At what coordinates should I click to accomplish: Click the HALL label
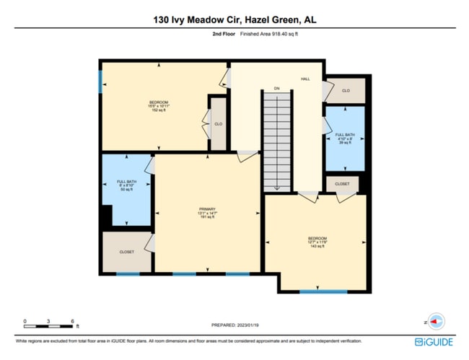(x=305, y=79)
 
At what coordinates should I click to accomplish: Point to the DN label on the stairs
(x=276, y=89)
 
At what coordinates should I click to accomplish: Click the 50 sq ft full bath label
(x=127, y=185)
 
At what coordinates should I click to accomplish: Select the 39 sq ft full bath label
(x=343, y=139)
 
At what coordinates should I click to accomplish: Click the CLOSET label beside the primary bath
(x=127, y=252)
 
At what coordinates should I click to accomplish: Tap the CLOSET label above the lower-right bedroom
(x=342, y=184)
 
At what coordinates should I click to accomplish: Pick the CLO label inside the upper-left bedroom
(x=218, y=124)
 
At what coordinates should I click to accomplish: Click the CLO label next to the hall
(x=346, y=91)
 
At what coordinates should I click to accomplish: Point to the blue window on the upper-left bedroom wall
(x=100, y=81)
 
